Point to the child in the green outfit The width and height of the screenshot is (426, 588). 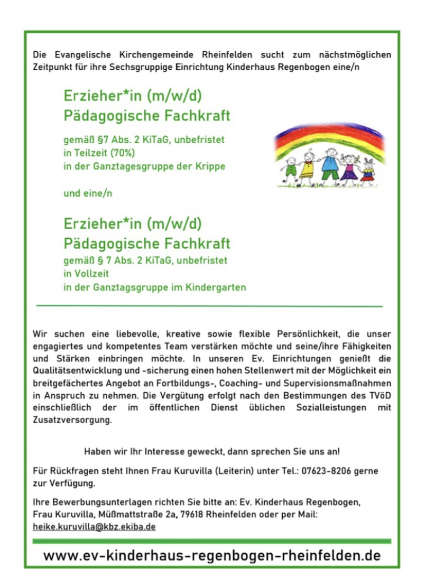tap(290, 167)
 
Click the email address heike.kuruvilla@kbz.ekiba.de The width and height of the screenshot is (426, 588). tap(94, 527)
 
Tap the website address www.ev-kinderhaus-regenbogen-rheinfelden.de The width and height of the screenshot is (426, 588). tap(212, 556)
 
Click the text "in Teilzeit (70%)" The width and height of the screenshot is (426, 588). tap(99, 153)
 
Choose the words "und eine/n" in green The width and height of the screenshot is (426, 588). tap(88, 193)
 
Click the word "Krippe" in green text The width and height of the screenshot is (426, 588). tap(211, 166)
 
